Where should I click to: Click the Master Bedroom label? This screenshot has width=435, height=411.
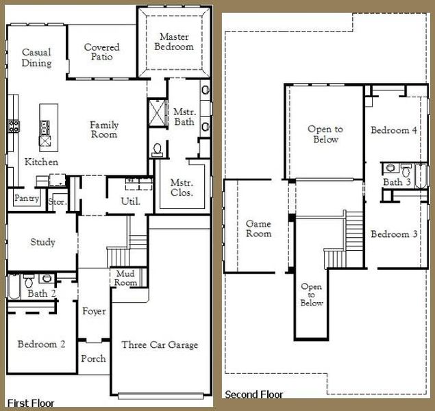click(x=176, y=41)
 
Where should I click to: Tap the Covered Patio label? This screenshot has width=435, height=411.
click(x=101, y=52)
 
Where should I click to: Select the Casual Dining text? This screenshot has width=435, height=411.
click(x=36, y=58)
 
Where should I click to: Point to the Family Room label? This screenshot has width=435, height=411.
click(x=104, y=129)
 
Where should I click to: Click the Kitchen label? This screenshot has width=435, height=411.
click(x=41, y=162)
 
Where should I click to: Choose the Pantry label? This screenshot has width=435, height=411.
click(x=26, y=198)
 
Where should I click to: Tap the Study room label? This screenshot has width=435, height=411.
click(x=42, y=242)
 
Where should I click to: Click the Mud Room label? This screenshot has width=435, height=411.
click(x=125, y=277)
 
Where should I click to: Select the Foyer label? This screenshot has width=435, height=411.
click(x=94, y=311)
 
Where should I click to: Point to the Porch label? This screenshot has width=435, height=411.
click(x=93, y=358)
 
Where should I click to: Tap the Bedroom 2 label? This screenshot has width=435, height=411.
click(x=41, y=344)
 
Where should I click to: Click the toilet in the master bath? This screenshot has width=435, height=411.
click(x=157, y=149)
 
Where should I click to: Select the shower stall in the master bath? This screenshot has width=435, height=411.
click(x=158, y=110)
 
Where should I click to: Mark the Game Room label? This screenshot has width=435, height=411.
click(x=258, y=229)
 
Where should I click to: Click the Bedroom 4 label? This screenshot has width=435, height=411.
click(x=394, y=129)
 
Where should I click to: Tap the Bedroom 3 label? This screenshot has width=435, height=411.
click(x=394, y=234)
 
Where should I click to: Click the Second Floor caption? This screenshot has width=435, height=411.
click(x=253, y=395)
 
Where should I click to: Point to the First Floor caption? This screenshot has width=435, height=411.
click(x=30, y=403)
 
